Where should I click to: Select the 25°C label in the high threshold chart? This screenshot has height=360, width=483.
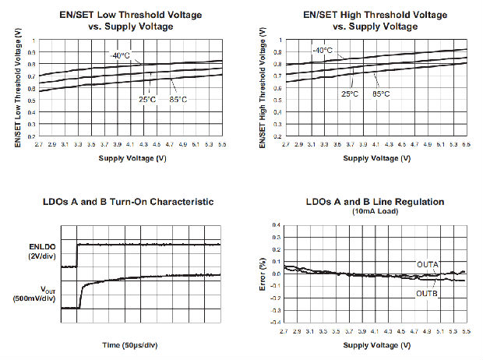[x=350, y=94]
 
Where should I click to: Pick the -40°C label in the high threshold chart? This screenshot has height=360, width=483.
[x=322, y=51]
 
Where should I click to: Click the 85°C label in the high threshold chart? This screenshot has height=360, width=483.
[x=382, y=94]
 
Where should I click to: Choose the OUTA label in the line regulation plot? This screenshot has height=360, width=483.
[x=428, y=264]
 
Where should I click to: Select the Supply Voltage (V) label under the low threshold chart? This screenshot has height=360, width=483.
[x=132, y=158]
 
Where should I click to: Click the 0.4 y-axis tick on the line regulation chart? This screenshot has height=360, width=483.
[x=276, y=225]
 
